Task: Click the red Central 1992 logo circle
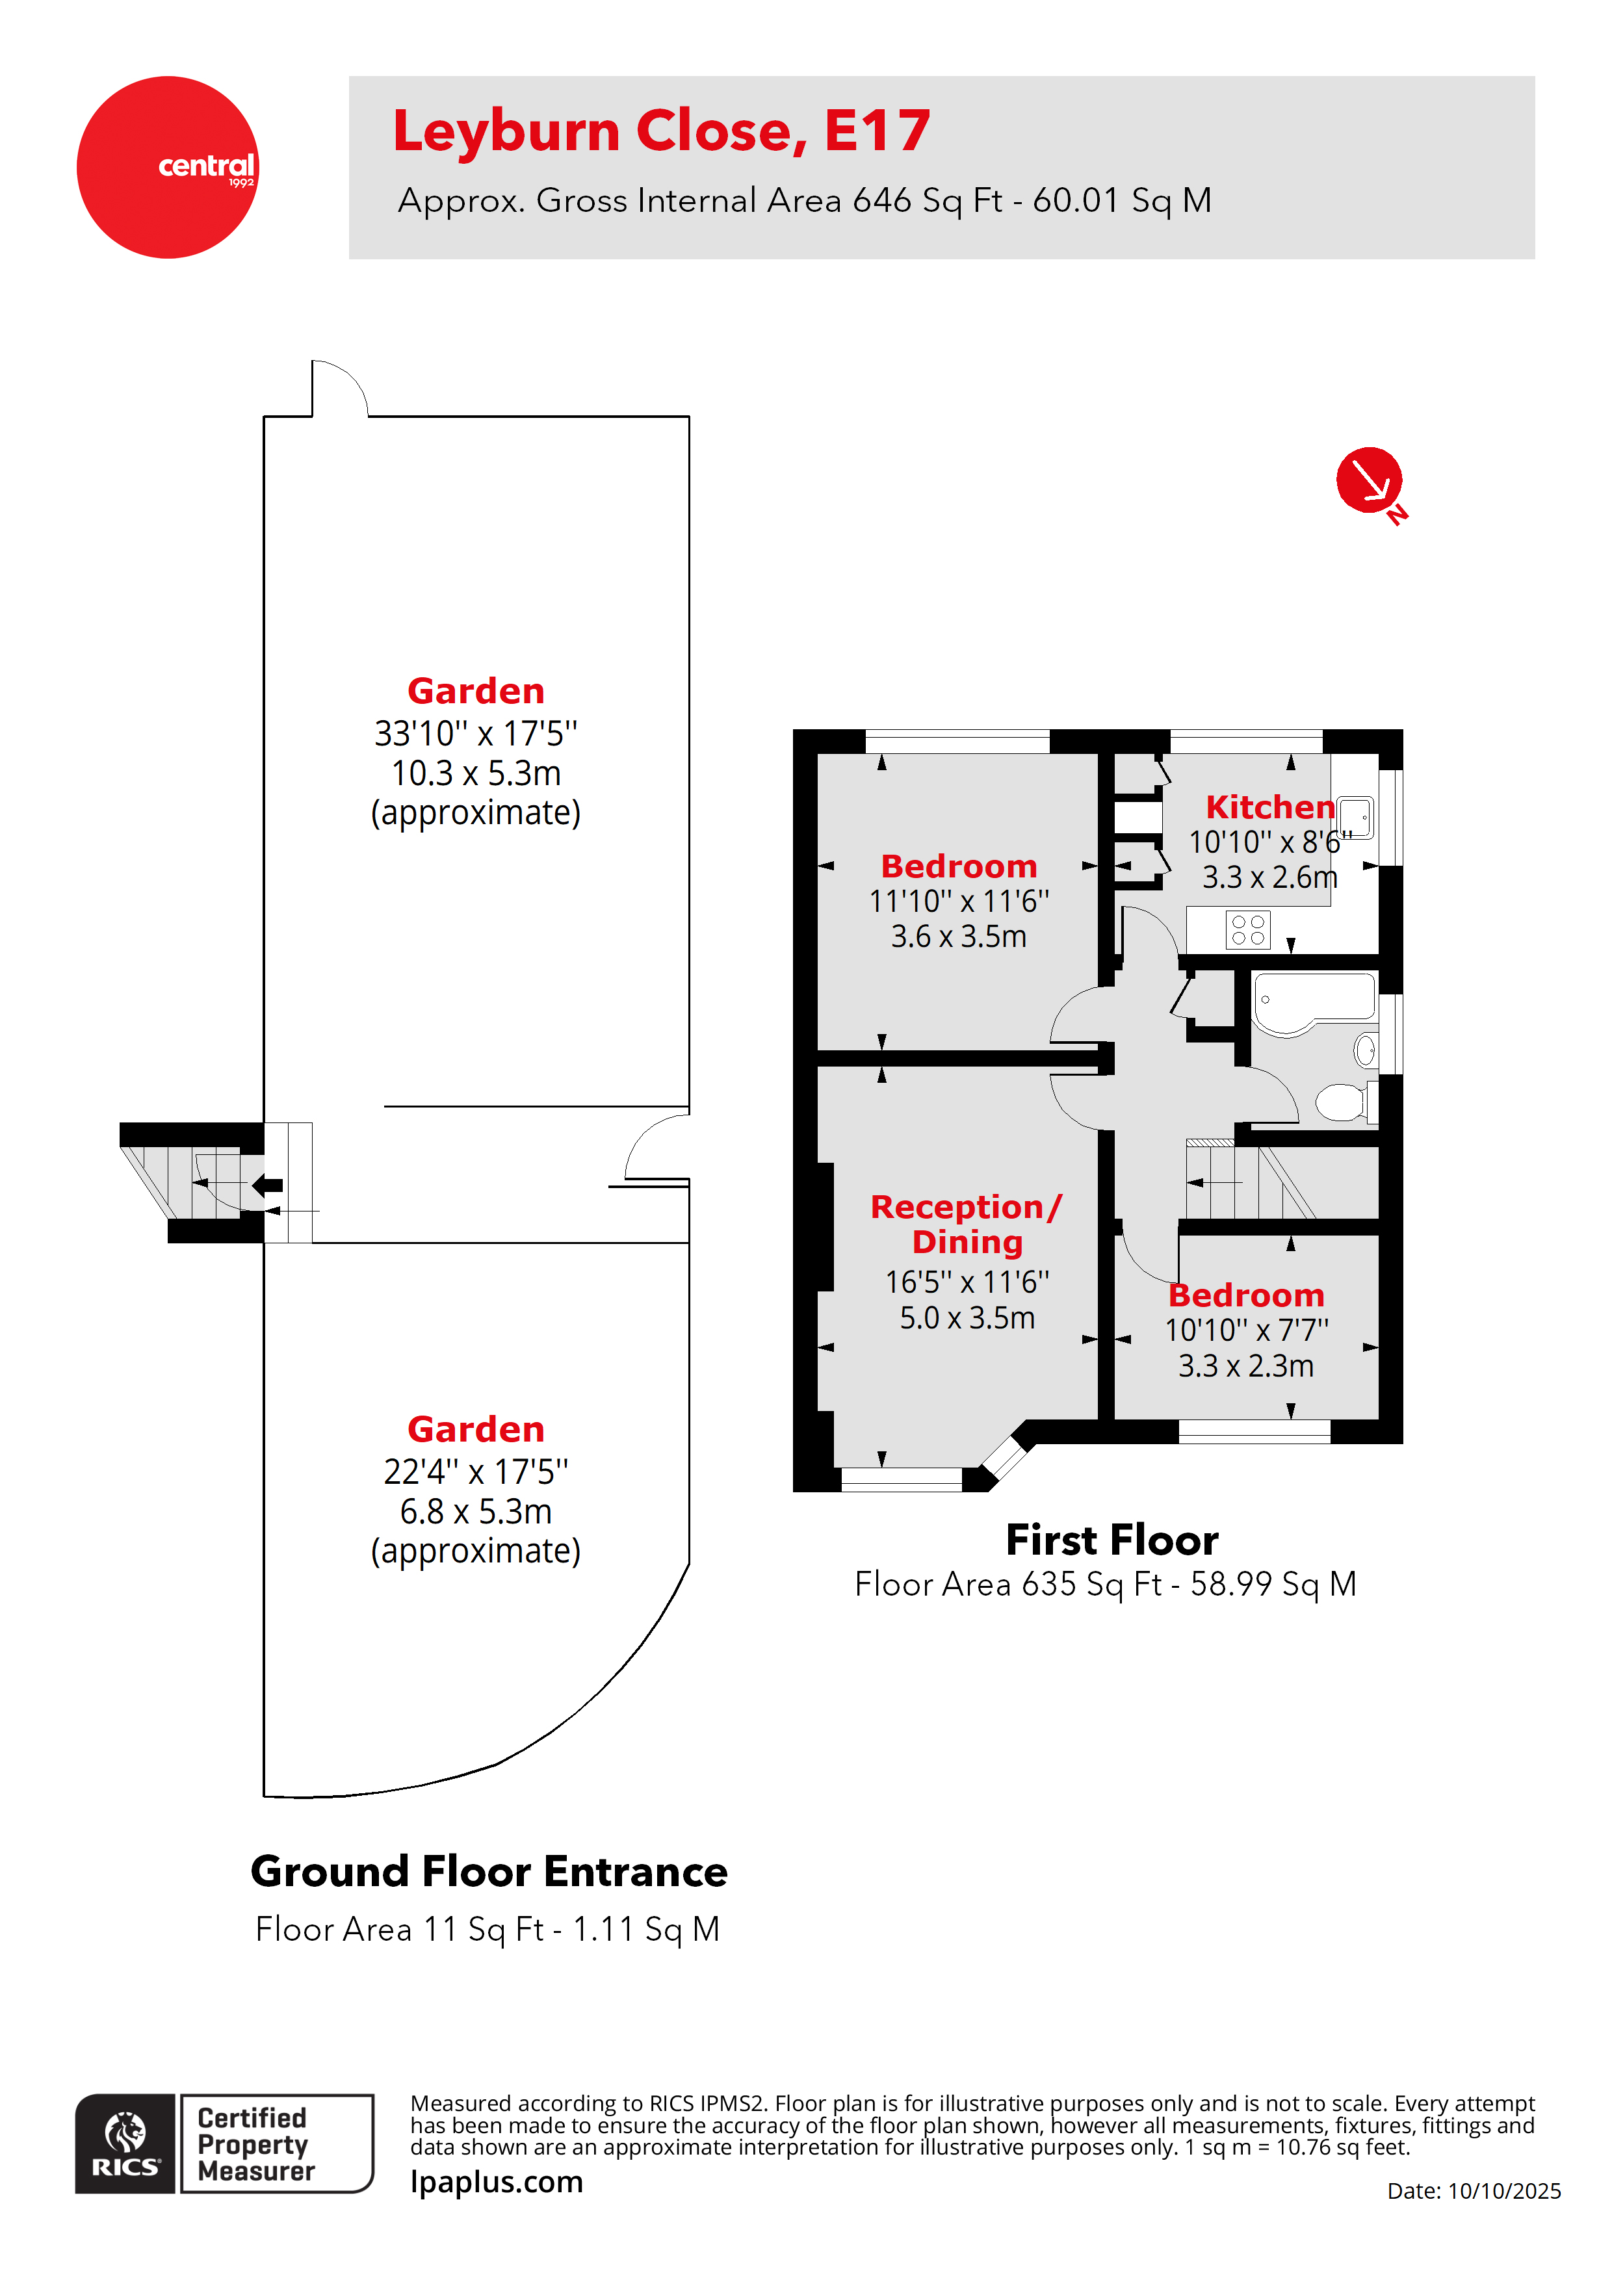point(167,167)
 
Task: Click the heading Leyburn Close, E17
point(662,131)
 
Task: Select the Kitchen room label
point(1269,807)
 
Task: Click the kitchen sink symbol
point(1355,816)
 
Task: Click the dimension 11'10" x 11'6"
point(959,901)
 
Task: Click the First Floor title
point(1111,1540)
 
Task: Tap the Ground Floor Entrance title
point(489,1872)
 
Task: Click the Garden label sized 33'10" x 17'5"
point(476,691)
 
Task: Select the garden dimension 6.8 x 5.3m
point(476,1511)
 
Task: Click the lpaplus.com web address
point(497,2182)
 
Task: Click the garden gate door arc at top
point(341,387)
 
